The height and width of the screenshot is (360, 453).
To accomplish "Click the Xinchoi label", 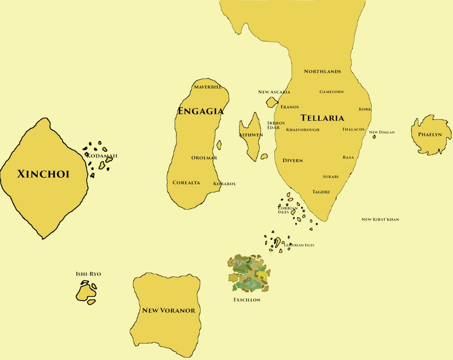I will tap(43, 174).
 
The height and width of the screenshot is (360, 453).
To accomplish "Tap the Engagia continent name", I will tap(200, 111).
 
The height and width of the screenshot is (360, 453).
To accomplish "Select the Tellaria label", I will tap(322, 118).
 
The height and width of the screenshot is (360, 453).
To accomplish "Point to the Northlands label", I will tap(322, 71).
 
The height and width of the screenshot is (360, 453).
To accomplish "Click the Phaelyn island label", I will tap(430, 135).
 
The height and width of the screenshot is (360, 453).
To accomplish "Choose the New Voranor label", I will tap(168, 311).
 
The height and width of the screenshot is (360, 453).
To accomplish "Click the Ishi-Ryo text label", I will tap(88, 274).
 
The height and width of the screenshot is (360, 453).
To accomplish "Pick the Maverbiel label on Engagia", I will tap(208, 87).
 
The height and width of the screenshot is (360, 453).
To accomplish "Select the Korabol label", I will tap(225, 184).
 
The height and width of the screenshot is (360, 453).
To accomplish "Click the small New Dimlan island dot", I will tap(374, 137).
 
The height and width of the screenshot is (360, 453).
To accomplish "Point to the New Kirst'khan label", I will tap(380, 219).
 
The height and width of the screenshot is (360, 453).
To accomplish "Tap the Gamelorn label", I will tap(331, 92).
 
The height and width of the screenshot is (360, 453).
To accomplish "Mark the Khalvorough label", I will tap(303, 130).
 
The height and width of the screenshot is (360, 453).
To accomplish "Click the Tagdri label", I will tap(321, 192).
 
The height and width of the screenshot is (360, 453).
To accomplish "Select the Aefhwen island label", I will tap(251, 135).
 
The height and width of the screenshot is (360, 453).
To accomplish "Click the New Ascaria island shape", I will tap(272, 102).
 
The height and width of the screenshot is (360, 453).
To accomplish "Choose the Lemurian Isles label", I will tap(299, 245).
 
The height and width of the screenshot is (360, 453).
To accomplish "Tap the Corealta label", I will tap(186, 183).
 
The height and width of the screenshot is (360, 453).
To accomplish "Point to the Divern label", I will tap(293, 160).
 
